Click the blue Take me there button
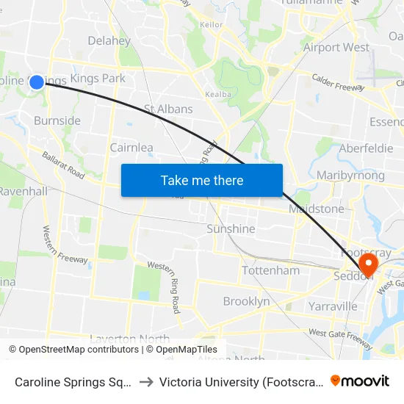point(202,180)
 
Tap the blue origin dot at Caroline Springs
point(37,82)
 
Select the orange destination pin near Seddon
point(366,264)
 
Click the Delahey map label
point(109,40)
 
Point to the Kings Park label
point(98,78)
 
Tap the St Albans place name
point(168,109)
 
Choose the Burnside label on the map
point(57,120)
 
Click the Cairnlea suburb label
point(131,147)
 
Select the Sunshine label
point(231,228)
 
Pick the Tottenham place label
point(271,270)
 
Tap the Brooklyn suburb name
point(246,301)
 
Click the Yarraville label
point(333,306)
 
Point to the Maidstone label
point(317,209)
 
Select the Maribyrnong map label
point(350,175)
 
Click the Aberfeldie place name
point(367,148)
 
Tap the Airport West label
point(336,47)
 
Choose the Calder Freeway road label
point(338,82)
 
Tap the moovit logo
point(360,380)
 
